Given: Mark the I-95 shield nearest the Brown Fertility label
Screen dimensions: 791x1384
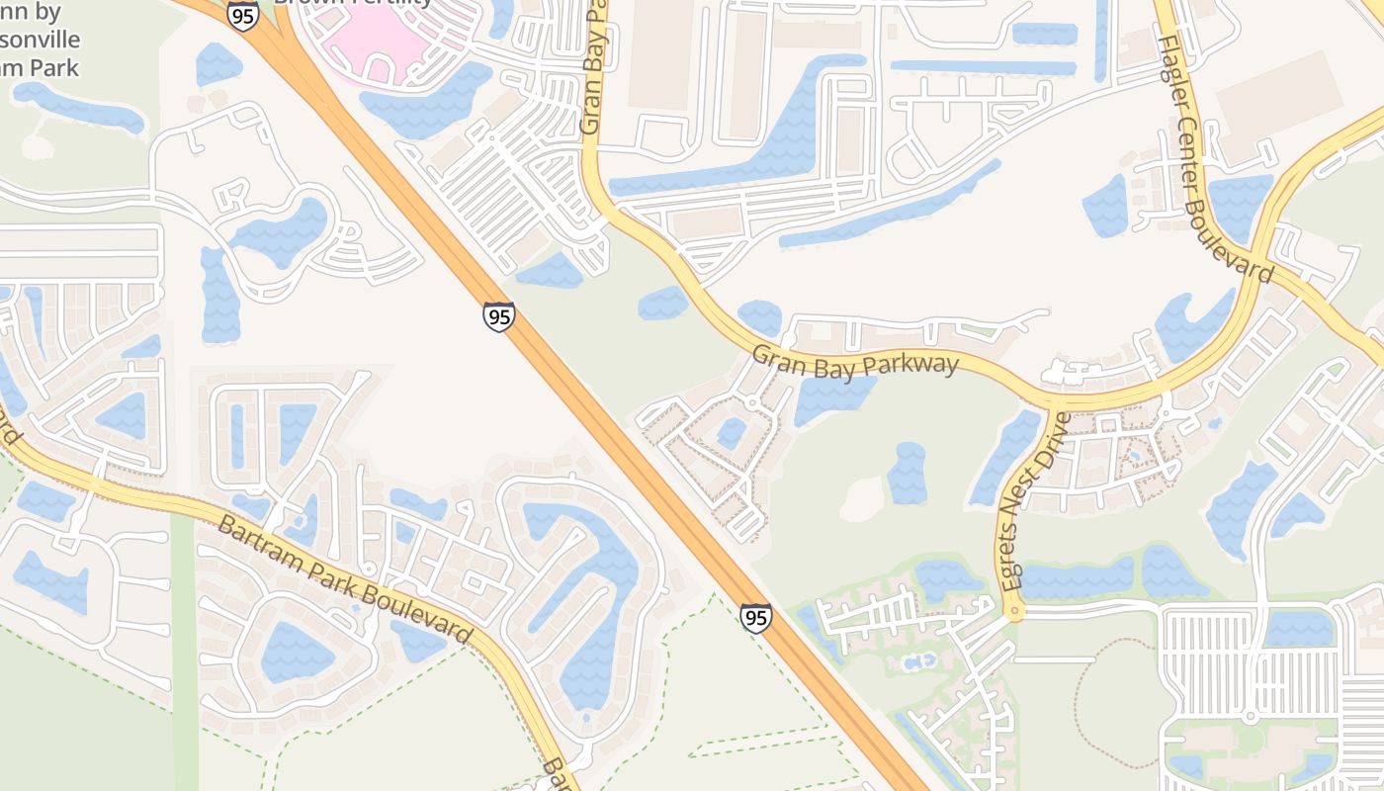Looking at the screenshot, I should point(242,15).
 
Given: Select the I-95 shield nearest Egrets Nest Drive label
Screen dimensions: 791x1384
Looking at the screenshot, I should point(755,619).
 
